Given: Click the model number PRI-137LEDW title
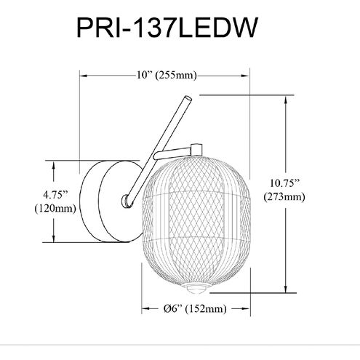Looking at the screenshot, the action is click(167, 28).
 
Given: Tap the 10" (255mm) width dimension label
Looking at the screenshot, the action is click(166, 76).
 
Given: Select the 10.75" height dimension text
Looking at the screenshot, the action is click(284, 183).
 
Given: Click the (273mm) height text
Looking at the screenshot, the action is click(284, 196).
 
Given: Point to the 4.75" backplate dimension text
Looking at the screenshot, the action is click(55, 194).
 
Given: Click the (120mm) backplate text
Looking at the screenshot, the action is click(55, 208).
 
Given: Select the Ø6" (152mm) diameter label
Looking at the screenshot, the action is click(195, 308).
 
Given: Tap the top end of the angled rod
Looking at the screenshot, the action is click(188, 98).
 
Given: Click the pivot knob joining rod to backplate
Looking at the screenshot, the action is click(127, 201).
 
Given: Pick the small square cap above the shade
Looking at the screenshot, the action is click(196, 150).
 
